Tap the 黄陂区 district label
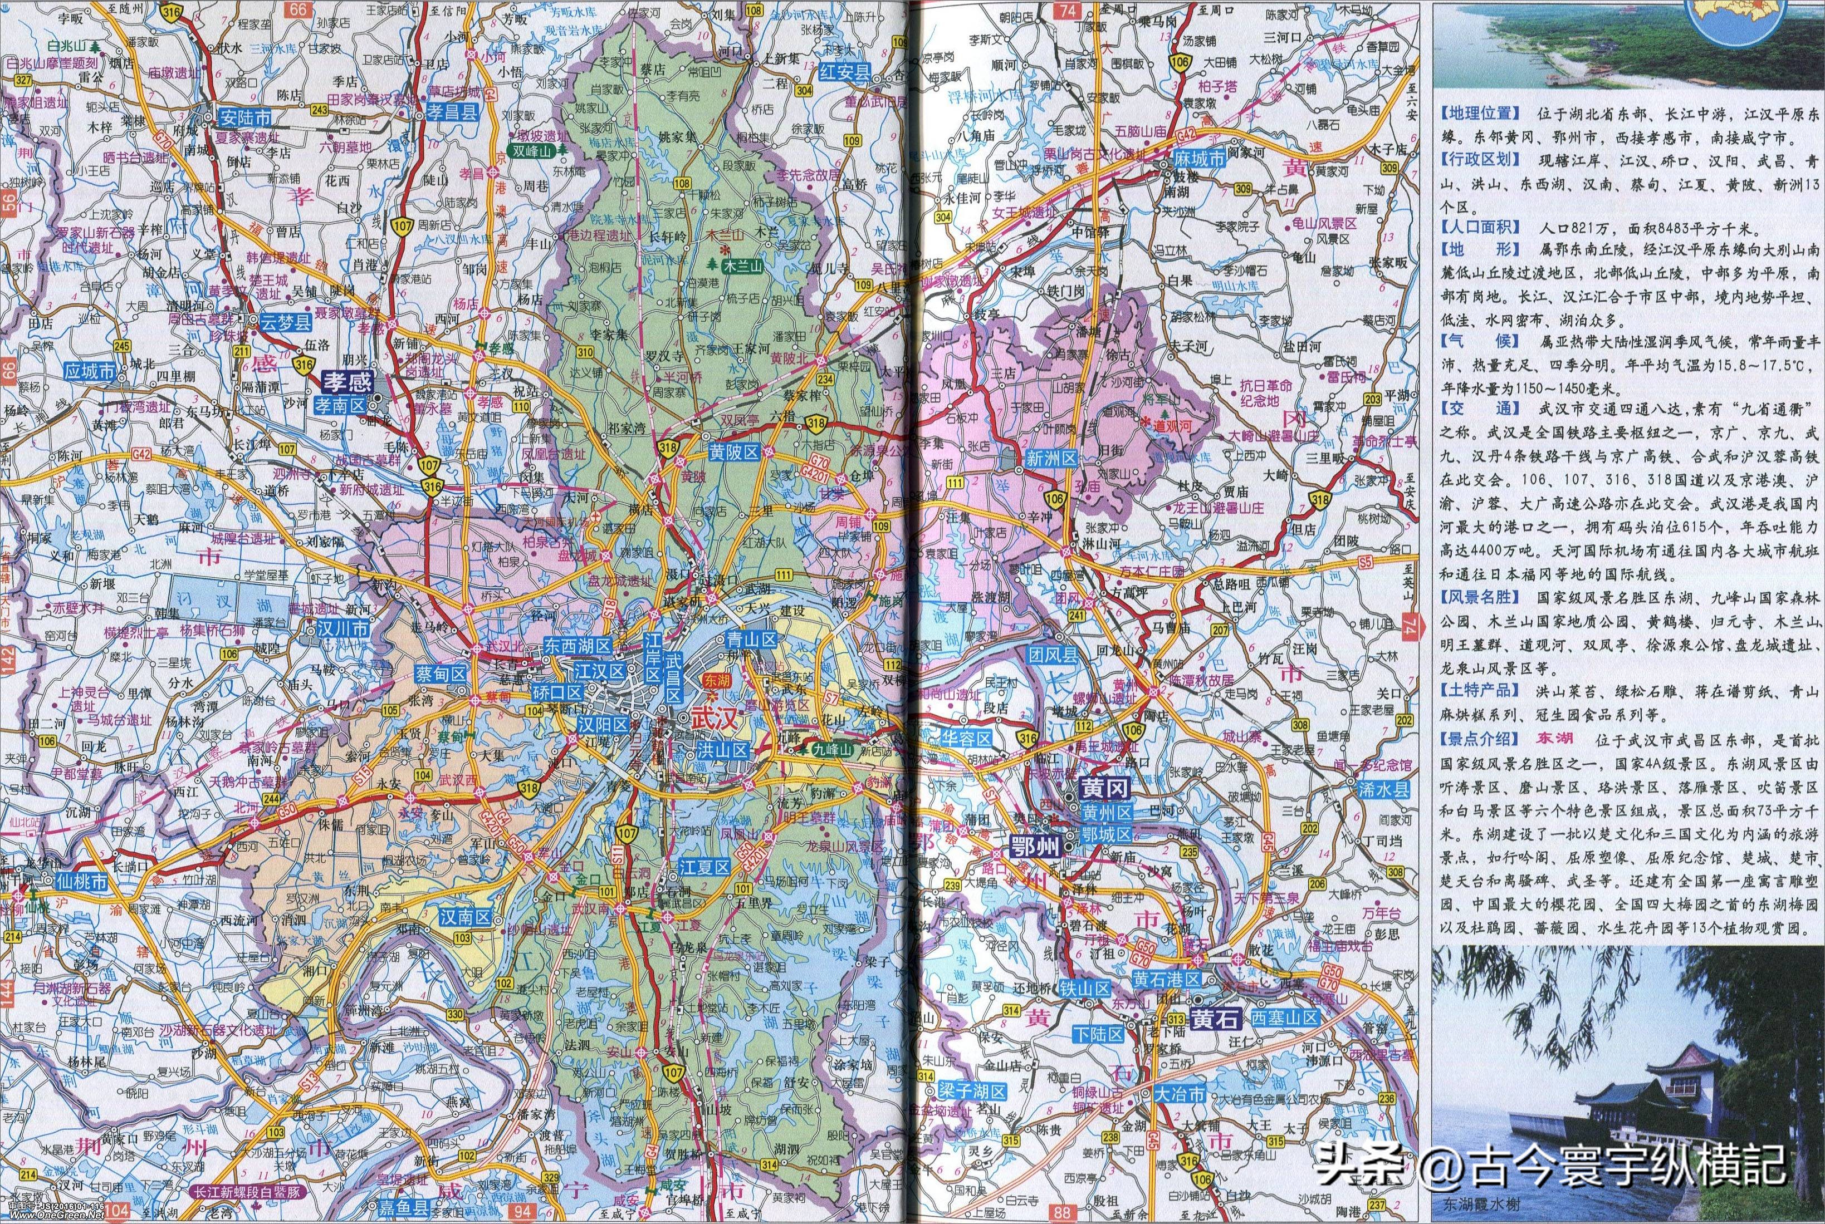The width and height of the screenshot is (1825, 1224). point(734,453)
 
